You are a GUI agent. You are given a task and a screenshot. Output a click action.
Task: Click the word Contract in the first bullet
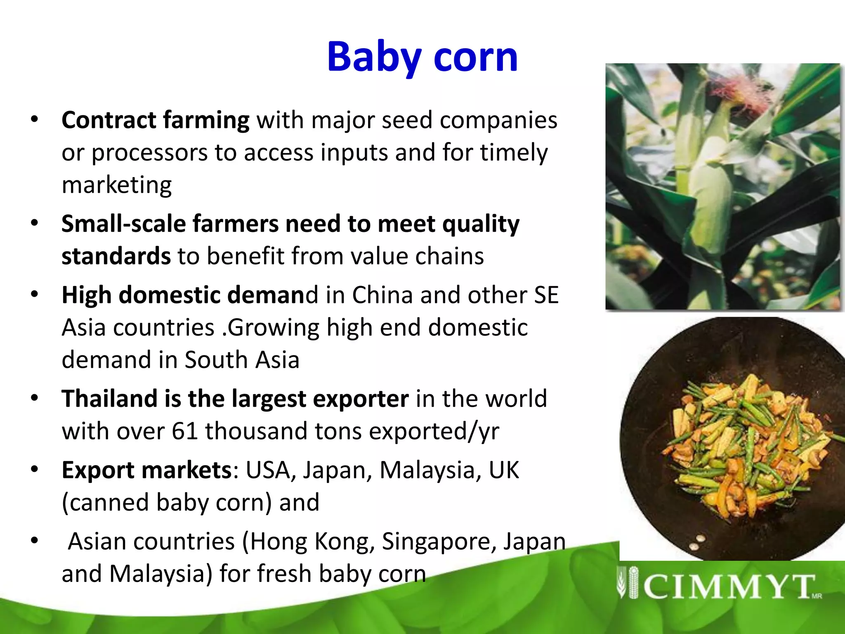[109, 120]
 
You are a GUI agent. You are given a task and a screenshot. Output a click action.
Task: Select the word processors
[149, 153]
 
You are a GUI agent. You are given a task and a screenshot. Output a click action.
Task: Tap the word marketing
[117, 185]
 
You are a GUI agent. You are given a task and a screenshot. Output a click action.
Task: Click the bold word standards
[116, 256]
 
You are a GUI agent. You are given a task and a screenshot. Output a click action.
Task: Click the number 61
[185, 431]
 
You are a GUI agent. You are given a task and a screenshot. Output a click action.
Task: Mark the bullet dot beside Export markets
[35, 469]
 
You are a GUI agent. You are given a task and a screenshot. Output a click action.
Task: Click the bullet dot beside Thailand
[35, 398]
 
